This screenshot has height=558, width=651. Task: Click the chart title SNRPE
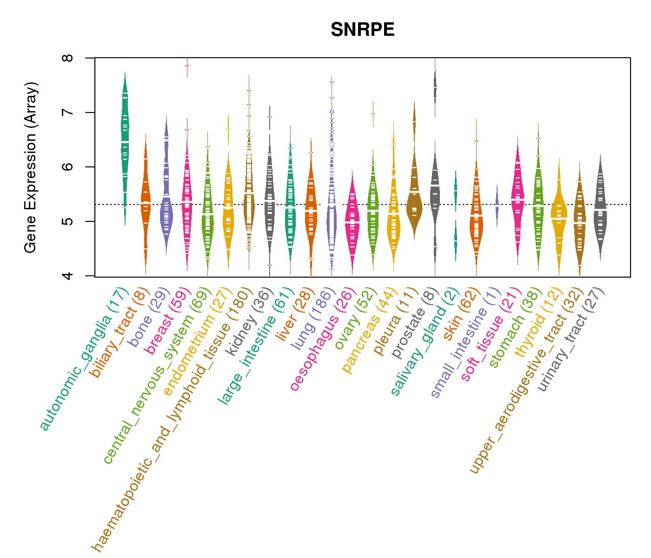362,30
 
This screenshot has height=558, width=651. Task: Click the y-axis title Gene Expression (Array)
31,167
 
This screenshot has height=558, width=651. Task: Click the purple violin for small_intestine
497,205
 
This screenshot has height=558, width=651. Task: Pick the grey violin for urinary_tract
600,209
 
